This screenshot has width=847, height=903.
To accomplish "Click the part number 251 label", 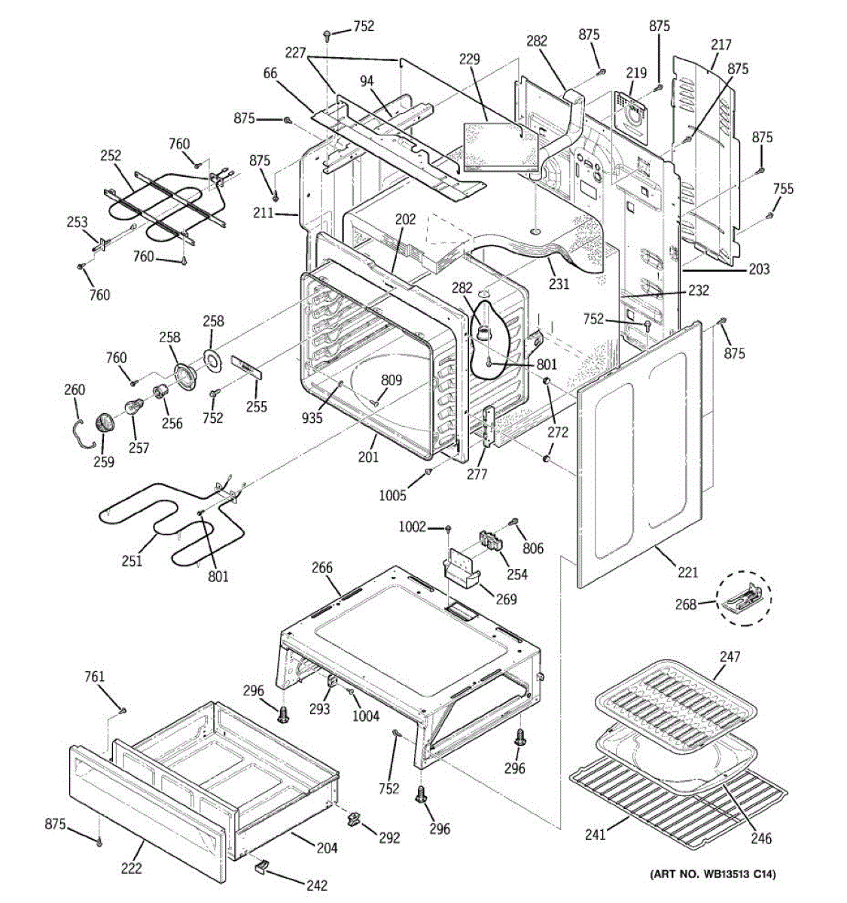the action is [132, 561].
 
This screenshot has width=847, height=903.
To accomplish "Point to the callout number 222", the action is [132, 868].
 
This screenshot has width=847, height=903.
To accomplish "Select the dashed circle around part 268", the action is [744, 598].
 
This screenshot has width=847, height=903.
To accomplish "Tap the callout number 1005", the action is [393, 495].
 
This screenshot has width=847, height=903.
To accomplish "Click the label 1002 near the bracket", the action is [413, 527].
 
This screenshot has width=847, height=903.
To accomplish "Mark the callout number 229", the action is [469, 59].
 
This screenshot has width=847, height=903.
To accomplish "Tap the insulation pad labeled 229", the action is [500, 147].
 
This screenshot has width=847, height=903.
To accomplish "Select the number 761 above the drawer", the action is [94, 677].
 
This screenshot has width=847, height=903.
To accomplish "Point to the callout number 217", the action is [721, 44].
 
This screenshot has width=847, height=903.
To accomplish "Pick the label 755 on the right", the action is [783, 189].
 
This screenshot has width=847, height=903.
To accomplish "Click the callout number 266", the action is [321, 567].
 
